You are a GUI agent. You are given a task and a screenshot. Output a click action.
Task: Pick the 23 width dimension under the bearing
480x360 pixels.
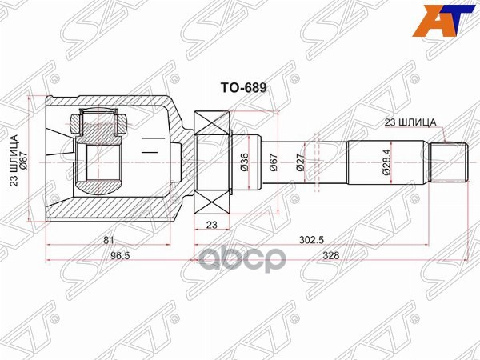coord(211,225)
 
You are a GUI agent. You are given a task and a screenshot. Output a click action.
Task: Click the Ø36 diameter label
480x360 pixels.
coord(244,163)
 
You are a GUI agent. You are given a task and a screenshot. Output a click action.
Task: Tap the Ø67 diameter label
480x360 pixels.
coord(273,163)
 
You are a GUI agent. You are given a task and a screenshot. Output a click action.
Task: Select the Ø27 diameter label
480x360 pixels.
coord(300,163)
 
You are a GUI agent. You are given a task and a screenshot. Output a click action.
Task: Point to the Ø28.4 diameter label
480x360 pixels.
coord(385,162)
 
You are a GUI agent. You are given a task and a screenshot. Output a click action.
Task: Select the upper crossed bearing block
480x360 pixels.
coord(211,126)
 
